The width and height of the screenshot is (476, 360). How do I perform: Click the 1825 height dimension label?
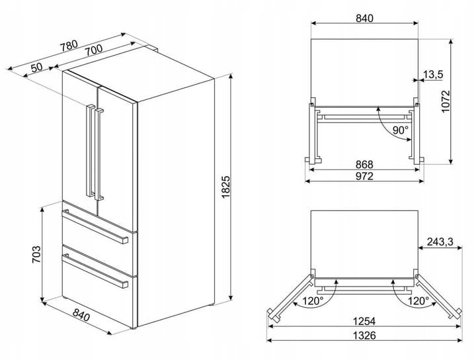tap(226, 187)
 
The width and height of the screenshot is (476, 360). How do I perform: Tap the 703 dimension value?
tap(36, 254)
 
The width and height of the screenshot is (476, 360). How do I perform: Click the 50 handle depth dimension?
tap(37, 67)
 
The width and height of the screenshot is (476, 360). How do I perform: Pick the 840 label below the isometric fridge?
tap(81, 316)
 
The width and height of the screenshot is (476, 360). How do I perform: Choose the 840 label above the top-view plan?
tap(364, 19)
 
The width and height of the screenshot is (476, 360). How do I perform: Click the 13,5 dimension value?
tap(433, 74)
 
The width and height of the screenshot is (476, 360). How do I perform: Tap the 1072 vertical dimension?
tap(446, 101)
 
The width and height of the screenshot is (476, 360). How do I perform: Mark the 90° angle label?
tap(401, 130)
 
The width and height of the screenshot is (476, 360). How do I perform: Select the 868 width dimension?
tap(364, 164)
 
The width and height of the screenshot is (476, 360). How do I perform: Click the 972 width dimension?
tap(364, 176)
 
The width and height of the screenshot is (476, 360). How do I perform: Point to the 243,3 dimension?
tap(440, 242)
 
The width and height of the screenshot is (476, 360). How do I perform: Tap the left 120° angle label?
tap(313, 301)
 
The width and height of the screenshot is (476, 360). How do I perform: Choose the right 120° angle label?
tap(418, 301)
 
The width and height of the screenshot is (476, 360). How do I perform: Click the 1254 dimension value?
tap(364, 321)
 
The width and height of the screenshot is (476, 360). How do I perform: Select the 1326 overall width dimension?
tap(364, 336)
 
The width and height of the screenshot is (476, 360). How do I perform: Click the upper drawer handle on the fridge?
tap(95, 226)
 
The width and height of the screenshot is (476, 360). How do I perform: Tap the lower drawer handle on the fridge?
tap(95, 270)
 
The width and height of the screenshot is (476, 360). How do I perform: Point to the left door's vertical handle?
tap(90, 151)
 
